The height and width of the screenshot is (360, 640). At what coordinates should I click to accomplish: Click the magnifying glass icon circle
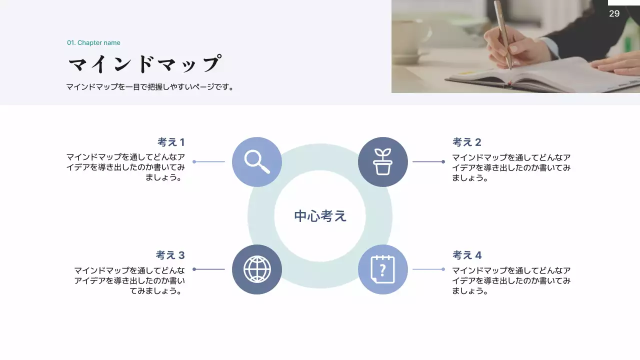point(257,162)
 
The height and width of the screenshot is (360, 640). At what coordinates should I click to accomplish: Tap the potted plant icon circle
point(383,162)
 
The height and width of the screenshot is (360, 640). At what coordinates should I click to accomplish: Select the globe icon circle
point(257,269)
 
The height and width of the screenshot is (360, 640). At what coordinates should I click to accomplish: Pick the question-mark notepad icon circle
point(383,269)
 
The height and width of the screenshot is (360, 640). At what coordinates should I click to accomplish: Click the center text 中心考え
point(320,216)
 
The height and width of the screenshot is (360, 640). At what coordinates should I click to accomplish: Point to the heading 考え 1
point(171,142)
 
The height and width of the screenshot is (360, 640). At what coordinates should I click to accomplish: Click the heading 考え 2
point(467,142)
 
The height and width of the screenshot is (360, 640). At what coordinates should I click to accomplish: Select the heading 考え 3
point(170,255)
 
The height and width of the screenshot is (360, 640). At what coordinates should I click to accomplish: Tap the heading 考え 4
point(467,255)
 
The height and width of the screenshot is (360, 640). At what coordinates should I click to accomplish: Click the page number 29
point(614,13)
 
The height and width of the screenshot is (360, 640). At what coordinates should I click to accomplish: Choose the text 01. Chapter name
point(93,43)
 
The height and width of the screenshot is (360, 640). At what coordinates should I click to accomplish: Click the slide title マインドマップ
point(144,64)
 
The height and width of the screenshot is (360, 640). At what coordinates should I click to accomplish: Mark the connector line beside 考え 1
point(209,162)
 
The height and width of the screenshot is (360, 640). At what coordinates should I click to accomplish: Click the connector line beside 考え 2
point(428,162)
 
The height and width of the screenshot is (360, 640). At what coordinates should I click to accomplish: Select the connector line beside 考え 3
point(209,269)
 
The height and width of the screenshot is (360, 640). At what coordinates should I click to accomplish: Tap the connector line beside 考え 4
point(428,269)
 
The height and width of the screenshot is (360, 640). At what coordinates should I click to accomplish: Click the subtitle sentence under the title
point(150,87)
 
